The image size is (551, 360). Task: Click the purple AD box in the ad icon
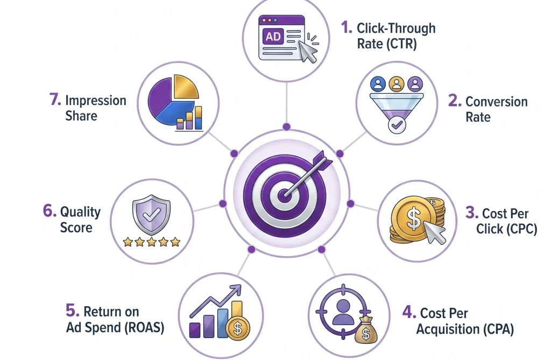point(273,36)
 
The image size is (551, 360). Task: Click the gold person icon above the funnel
point(397,84)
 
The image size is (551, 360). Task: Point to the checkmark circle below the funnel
point(397,125)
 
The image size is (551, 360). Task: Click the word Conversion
point(497,102)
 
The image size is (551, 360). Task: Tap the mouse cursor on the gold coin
point(434,232)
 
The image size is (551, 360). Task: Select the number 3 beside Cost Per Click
point(472,213)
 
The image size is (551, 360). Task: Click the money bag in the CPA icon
point(366,330)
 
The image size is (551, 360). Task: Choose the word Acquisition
point(448,329)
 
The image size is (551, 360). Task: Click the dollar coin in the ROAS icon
point(238,328)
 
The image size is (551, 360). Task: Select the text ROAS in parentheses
point(144,327)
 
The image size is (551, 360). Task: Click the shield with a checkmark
point(151,214)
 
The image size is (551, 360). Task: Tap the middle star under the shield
point(151,242)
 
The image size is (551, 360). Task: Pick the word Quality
point(81,213)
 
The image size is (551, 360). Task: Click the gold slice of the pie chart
point(186,86)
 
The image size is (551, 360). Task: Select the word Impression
point(96,101)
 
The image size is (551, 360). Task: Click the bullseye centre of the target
point(284,195)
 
